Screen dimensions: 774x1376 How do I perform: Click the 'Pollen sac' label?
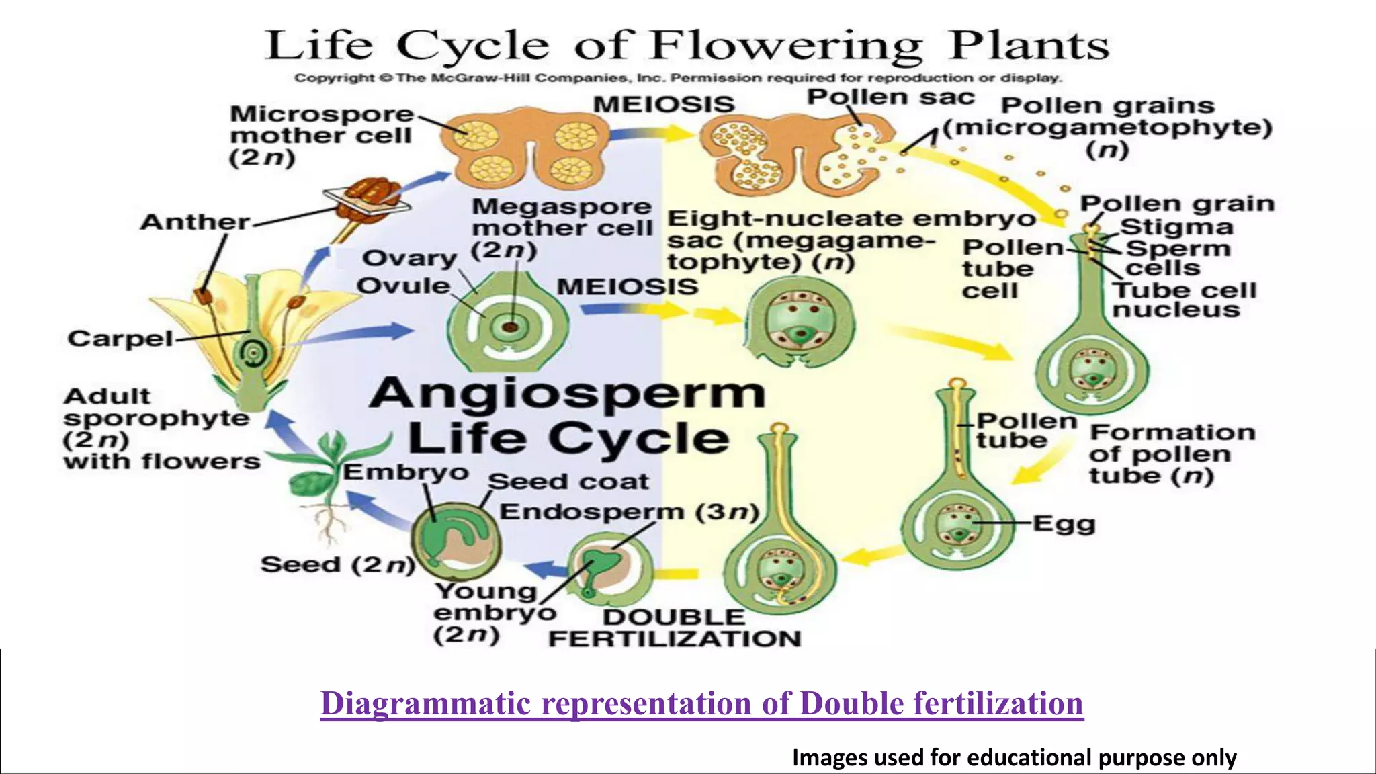(890, 98)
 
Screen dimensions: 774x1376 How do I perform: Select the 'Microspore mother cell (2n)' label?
(320, 135)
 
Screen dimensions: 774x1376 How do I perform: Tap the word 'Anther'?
(195, 222)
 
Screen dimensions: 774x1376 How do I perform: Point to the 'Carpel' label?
(120, 339)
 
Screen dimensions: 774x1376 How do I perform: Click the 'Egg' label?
(1064, 523)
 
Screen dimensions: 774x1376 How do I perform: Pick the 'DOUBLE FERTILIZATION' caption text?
(675, 628)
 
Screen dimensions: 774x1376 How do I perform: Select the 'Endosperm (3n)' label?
(629, 512)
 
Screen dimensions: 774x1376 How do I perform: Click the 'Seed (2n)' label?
(337, 564)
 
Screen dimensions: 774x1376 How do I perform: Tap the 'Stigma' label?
(1176, 227)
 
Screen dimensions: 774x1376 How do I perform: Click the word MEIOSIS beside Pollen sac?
(664, 104)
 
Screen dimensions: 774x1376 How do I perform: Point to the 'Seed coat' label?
(568, 482)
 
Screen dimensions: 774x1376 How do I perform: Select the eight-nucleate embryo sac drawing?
(800, 321)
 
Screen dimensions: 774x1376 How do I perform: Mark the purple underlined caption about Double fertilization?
(701, 703)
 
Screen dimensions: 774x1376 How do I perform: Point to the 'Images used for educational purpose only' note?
(1014, 757)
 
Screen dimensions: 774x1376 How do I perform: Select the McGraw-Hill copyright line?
(677, 78)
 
